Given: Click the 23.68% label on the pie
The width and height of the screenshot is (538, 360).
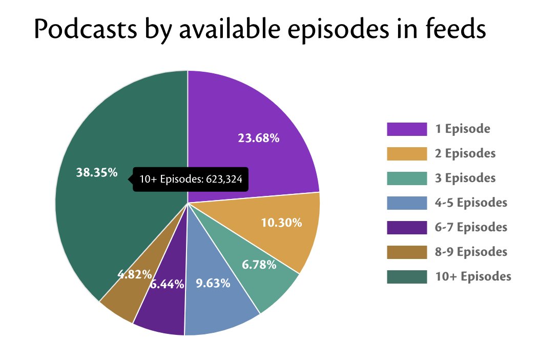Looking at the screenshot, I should pyautogui.click(x=258, y=138).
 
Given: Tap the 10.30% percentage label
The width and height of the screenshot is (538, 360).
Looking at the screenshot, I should pyautogui.click(x=281, y=223).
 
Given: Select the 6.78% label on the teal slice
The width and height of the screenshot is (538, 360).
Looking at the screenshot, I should pyautogui.click(x=259, y=265).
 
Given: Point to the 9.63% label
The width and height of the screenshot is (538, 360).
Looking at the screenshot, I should pyautogui.click(x=213, y=283).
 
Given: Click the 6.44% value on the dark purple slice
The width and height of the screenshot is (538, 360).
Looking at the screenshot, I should pyautogui.click(x=167, y=284).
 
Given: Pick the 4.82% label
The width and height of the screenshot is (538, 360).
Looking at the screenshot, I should pyautogui.click(x=135, y=274).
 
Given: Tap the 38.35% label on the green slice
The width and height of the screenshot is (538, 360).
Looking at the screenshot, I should pyautogui.click(x=97, y=173).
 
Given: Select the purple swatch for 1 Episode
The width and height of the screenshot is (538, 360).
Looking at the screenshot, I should pyautogui.click(x=407, y=129).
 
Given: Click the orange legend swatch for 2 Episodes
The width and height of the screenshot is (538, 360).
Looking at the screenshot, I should pyautogui.click(x=407, y=154).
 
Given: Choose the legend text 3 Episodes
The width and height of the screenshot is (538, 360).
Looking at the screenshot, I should pyautogui.click(x=465, y=178).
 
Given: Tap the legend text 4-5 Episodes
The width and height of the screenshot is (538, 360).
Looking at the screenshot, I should pyautogui.click(x=471, y=203).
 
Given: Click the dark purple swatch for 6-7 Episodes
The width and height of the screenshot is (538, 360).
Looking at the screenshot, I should pyautogui.click(x=407, y=227).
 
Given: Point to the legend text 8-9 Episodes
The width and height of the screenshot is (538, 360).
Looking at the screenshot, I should pyautogui.click(x=471, y=252).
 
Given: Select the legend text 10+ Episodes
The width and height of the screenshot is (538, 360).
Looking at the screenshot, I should pyautogui.click(x=473, y=276).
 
